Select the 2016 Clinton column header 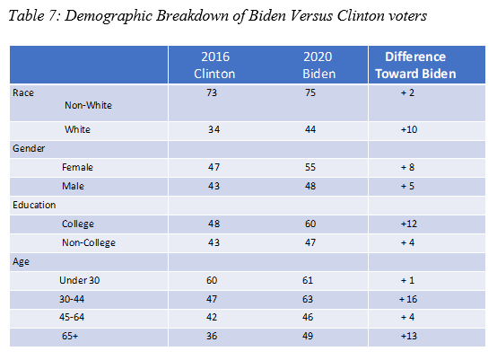pos(214,65)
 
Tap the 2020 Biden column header pos(318,65)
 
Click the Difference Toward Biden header pos(415,65)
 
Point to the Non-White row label pos(88,105)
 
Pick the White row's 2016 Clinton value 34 pos(214,129)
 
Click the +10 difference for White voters pos(409,129)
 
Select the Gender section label pos(29,148)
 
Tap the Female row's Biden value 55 pos(310,167)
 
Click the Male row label pos(73,186)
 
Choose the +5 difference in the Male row pos(407,186)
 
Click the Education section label pos(34,205)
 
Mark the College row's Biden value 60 pos(310,224)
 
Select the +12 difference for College pos(409,224)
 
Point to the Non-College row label pos(89,242)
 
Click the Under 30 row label pos(80,280)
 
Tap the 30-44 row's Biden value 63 pos(308,299)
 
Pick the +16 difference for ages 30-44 pos(408,299)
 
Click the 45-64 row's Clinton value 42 pos(212,317)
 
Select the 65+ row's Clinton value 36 pos(212,336)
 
